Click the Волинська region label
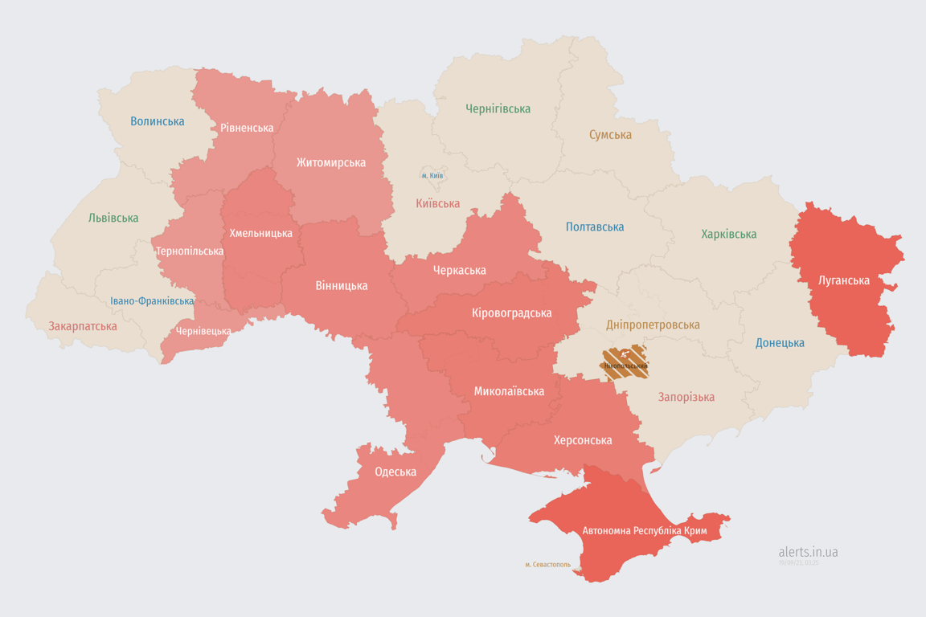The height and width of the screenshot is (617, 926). (157, 121)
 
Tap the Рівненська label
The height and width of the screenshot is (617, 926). (247, 128)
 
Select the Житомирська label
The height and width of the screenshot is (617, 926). (330, 162)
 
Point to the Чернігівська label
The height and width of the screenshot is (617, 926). (498, 108)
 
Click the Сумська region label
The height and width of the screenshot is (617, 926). (610, 135)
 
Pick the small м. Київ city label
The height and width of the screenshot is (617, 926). (432, 175)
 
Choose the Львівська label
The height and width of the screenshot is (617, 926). (113, 218)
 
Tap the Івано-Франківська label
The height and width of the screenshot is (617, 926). (152, 301)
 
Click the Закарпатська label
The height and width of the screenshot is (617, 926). (83, 326)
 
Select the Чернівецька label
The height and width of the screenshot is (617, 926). (203, 331)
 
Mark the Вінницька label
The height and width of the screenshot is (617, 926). (342, 285)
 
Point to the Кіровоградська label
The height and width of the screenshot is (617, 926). (511, 313)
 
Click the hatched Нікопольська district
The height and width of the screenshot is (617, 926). (625, 363)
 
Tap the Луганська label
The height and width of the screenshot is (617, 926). (843, 280)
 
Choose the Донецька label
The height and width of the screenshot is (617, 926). (780, 343)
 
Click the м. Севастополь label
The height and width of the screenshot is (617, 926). (547, 565)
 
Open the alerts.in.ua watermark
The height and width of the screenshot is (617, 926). (808, 552)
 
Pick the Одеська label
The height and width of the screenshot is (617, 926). (395, 472)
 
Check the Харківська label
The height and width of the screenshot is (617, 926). (728, 235)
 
